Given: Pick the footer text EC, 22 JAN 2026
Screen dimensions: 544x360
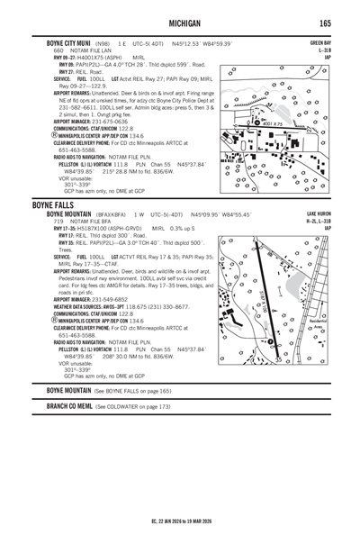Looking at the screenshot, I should click(181, 521).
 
